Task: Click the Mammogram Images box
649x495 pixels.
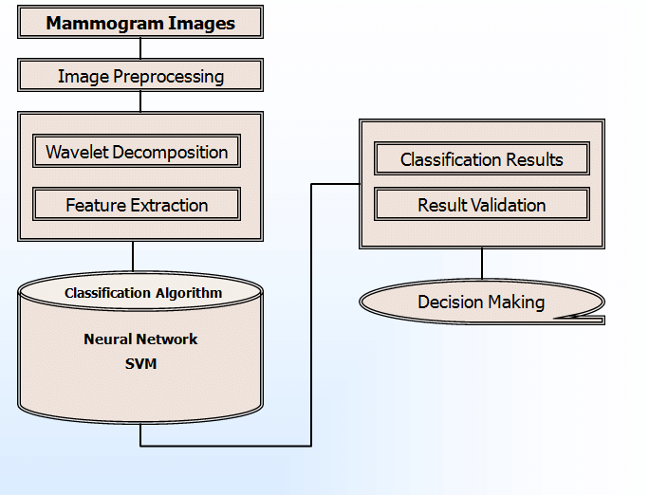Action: point(140,23)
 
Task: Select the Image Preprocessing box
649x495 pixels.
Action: point(140,76)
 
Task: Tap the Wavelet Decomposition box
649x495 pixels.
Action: point(137,152)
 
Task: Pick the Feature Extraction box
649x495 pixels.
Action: point(137,205)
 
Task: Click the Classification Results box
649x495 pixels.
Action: point(481,159)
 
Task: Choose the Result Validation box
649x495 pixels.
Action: point(481,205)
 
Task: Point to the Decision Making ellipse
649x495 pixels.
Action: point(481,302)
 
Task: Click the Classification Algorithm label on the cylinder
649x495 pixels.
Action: point(143,293)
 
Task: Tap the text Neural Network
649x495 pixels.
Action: point(140,339)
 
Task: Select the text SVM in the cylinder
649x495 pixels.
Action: point(140,362)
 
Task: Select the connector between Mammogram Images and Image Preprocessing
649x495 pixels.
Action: point(140,49)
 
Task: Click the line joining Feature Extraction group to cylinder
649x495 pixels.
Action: point(133,256)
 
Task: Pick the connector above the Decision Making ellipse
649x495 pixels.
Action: point(482,265)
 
